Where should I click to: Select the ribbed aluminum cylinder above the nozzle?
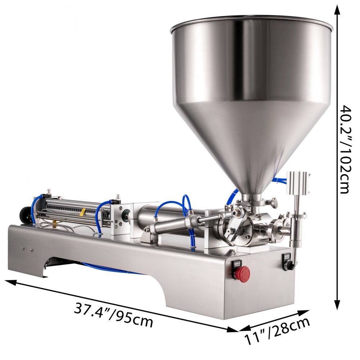[298, 183]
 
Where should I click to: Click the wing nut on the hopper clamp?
[274, 201]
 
